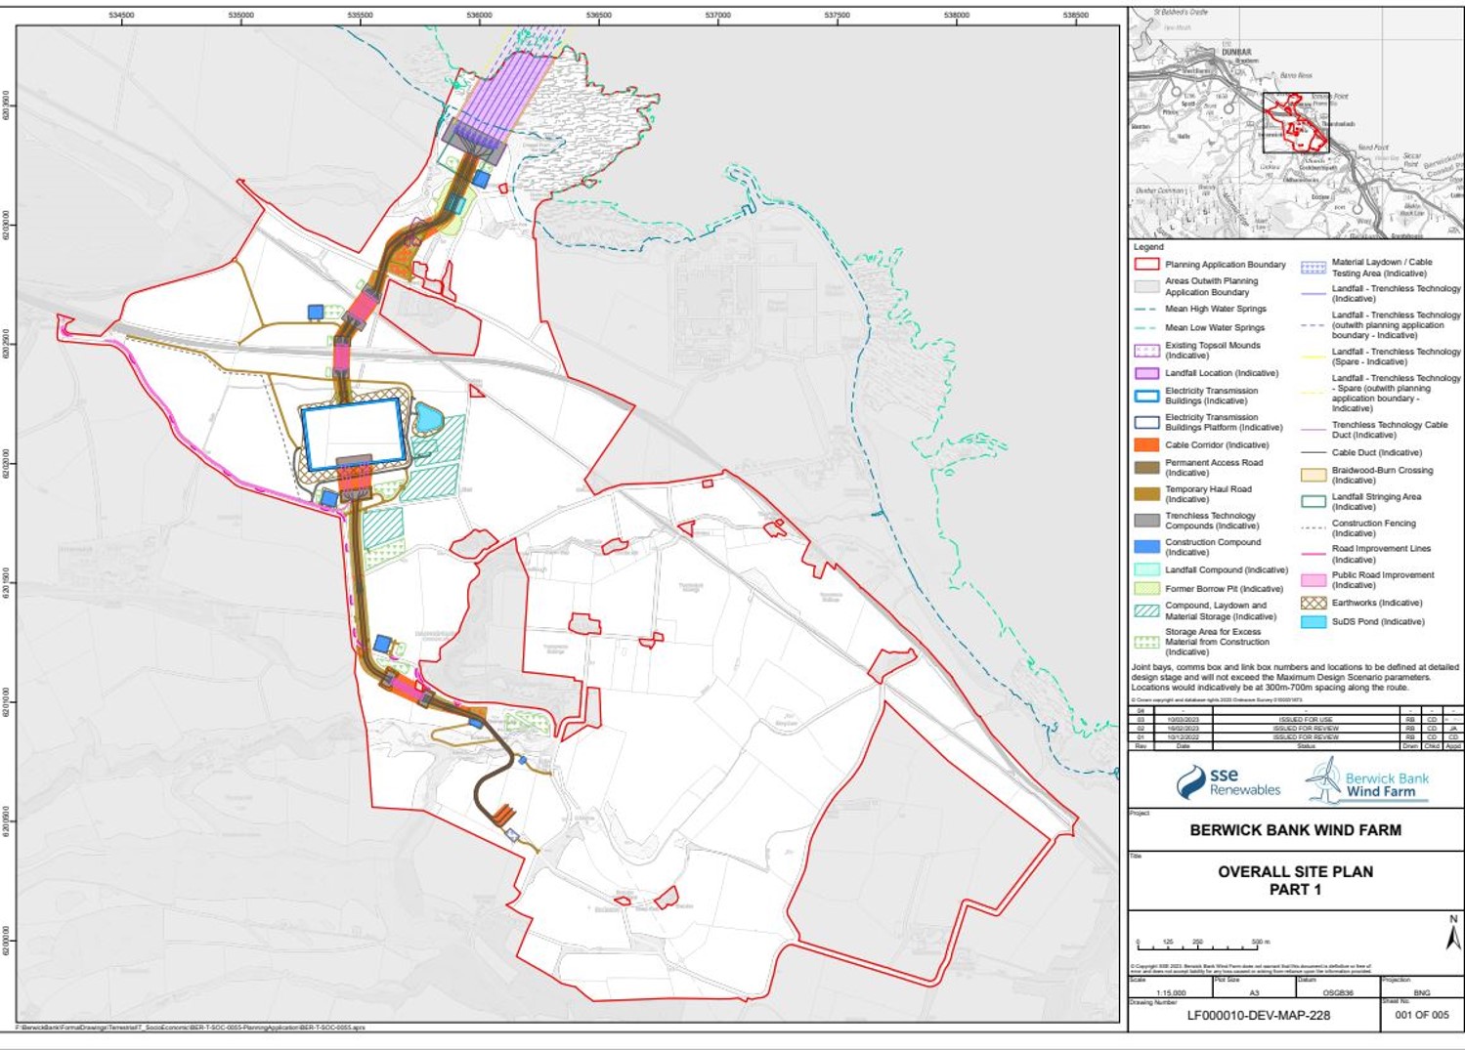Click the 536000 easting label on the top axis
479,15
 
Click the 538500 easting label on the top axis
1075,15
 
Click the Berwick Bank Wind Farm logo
1368,781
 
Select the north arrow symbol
1453,935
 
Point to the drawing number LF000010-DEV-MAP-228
1258,1015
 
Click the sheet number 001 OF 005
1422,1015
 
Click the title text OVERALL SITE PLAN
1295,871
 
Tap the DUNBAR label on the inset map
1236,52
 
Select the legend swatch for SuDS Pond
1314,621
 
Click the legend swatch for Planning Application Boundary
1146,264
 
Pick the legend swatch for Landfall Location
1146,373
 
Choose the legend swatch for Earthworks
1314,603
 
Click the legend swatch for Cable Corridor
1146,444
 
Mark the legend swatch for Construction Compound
1146,546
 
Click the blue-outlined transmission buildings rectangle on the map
353,434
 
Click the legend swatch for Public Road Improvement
1314,579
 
